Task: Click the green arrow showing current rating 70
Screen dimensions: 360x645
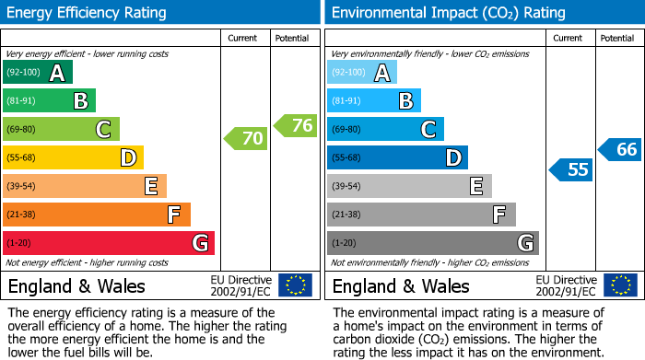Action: click(245, 139)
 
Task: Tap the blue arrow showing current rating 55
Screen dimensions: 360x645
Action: click(570, 169)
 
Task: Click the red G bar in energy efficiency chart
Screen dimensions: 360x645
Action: click(109, 243)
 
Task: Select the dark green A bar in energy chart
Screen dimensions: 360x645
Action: click(38, 73)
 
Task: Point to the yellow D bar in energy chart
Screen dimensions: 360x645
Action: click(73, 157)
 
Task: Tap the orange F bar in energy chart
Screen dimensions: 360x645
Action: click(97, 215)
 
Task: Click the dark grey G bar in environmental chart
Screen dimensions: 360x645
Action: click(432, 243)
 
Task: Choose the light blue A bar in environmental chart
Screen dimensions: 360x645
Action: click(362, 73)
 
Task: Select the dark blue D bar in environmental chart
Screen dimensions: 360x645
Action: click(397, 157)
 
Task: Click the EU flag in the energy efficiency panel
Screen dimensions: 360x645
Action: click(295, 285)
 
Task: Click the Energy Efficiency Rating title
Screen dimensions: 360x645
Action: click(88, 13)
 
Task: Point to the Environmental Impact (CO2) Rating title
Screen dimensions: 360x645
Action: click(447, 13)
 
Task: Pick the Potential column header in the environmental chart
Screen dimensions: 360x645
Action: click(617, 38)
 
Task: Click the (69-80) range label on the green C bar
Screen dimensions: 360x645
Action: click(22, 130)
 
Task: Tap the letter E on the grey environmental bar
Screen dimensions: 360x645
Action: click(476, 186)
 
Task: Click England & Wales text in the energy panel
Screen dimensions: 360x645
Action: click(76, 286)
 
